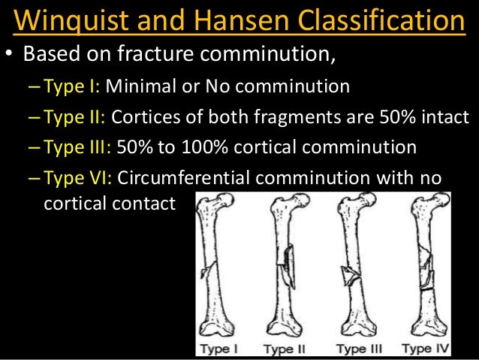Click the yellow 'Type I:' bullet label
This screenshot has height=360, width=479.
click(x=72, y=86)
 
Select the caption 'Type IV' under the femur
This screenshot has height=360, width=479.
click(x=426, y=349)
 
